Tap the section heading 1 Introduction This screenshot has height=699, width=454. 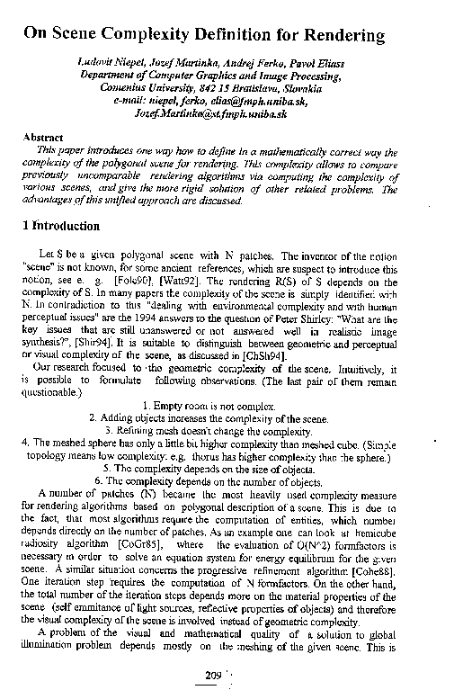click(59, 225)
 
